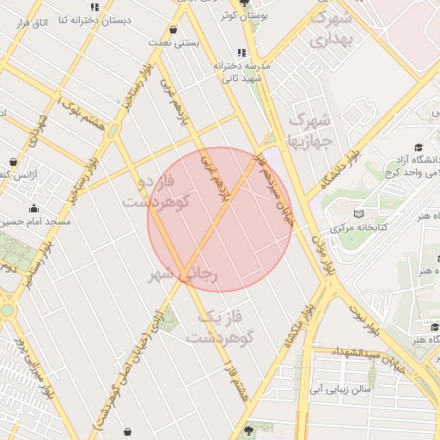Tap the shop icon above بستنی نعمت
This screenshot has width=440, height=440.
coord(174,29)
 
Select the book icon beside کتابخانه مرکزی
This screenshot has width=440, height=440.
coord(359,213)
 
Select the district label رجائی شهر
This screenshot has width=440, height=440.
coord(184,275)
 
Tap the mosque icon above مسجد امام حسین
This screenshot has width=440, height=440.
coord(34,208)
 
